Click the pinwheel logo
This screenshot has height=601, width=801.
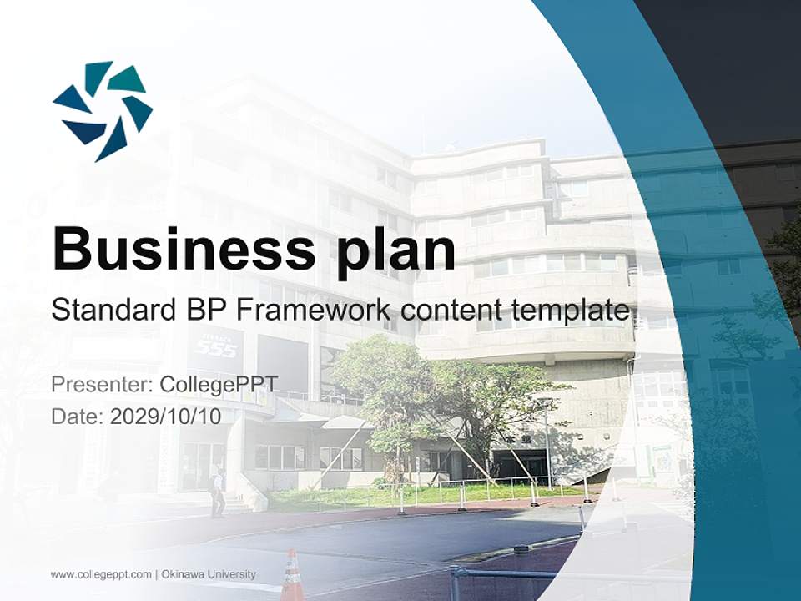(103, 111)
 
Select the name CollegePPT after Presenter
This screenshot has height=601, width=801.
(219, 386)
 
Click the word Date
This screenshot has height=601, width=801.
(75, 417)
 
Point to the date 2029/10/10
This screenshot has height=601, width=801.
(166, 417)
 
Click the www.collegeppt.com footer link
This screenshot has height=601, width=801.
(101, 574)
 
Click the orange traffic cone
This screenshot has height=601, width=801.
(292, 576)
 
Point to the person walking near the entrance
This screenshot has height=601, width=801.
(217, 492)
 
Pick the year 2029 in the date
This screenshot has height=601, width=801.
(133, 417)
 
